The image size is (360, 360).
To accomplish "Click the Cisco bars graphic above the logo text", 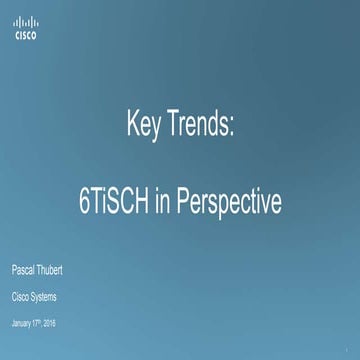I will click(26, 22).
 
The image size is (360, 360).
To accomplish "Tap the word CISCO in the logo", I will click(26, 35).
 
